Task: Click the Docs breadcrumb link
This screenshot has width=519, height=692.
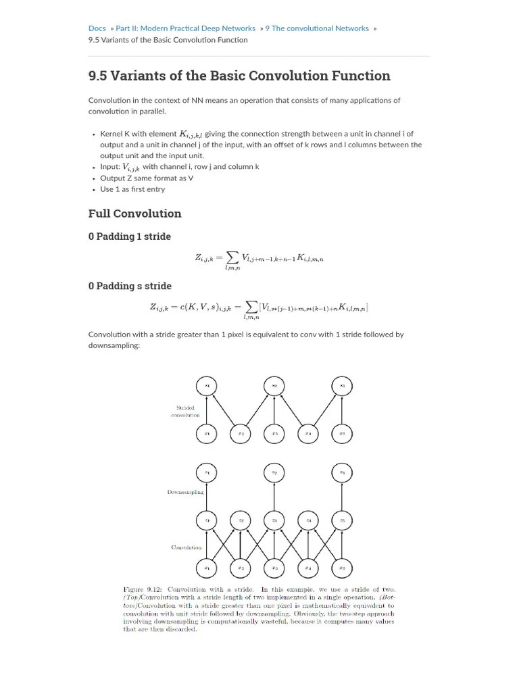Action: [x=97, y=28]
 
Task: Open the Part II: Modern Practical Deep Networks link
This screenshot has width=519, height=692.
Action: [x=185, y=28]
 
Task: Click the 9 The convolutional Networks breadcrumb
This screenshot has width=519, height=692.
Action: [x=316, y=28]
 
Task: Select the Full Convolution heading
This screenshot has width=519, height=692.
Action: [x=134, y=214]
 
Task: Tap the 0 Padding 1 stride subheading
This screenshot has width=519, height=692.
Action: [x=129, y=237]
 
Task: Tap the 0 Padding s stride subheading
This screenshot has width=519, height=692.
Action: [x=130, y=286]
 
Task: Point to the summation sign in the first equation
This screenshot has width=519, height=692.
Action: [x=232, y=257]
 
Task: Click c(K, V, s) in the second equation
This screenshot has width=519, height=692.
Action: [x=193, y=307]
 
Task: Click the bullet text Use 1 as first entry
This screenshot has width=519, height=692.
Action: [x=132, y=189]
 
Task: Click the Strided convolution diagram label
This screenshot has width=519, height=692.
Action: [x=185, y=411]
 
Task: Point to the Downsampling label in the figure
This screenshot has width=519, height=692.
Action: [x=185, y=492]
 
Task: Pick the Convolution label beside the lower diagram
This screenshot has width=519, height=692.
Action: [x=187, y=547]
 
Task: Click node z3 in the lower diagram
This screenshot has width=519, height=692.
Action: [x=274, y=520]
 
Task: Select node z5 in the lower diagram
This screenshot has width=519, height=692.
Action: [x=342, y=520]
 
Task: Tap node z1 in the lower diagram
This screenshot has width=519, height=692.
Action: [x=207, y=520]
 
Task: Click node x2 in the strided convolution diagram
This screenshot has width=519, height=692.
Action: [x=241, y=433]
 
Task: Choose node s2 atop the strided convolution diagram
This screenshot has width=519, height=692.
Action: [x=274, y=386]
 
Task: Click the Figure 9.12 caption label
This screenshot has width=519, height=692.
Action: [x=143, y=589]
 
